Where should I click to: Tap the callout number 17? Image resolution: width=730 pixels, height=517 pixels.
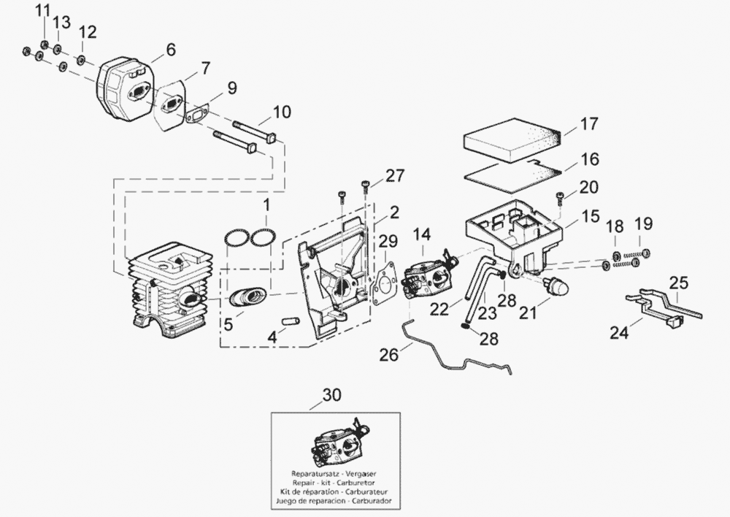(x=589, y=123)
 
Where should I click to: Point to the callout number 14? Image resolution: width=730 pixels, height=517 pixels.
(x=421, y=234)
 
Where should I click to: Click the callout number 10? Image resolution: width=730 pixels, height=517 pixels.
(x=282, y=112)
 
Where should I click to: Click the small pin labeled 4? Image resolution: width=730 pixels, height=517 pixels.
(x=291, y=320)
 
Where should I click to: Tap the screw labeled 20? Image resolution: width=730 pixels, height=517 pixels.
(x=560, y=196)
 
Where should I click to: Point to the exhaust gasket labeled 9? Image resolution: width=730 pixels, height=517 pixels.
(x=196, y=114)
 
